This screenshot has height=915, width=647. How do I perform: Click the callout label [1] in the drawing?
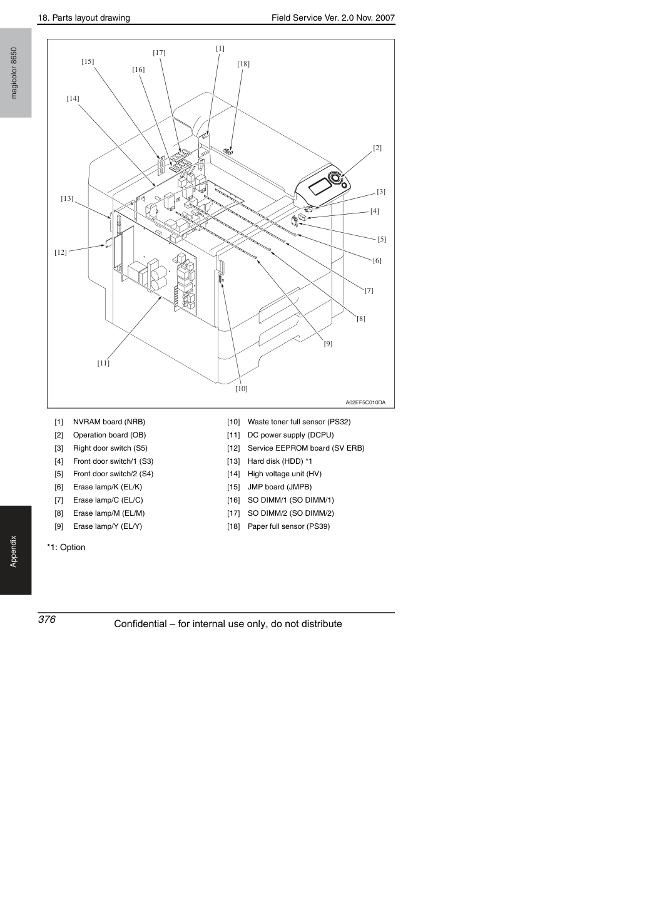(220, 48)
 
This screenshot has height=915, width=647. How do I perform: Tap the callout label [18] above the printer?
(243, 64)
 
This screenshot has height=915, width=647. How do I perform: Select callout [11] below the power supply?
(103, 363)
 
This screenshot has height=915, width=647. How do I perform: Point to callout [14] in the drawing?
(73, 98)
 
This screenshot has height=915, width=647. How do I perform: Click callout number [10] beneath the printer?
(242, 389)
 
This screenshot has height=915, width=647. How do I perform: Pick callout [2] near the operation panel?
(377, 148)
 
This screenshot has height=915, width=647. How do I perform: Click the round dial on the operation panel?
(336, 178)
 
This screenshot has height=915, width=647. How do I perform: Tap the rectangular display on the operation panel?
(319, 187)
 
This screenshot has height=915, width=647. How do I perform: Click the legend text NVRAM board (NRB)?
(109, 422)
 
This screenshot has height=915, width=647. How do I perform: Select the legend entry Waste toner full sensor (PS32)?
(299, 422)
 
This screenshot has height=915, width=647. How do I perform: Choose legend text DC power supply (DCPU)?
(290, 435)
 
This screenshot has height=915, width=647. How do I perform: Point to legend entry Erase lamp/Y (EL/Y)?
(108, 526)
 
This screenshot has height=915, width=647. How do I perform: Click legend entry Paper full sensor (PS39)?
(288, 526)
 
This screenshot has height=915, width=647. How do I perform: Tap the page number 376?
(47, 620)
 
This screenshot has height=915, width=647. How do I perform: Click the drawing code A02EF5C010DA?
(365, 402)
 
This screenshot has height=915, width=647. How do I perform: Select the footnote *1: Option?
(66, 548)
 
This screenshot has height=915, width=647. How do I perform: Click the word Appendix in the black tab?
(14, 551)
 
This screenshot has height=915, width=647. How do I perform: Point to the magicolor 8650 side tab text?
(14, 73)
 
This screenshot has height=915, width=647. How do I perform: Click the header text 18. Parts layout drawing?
(84, 18)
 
